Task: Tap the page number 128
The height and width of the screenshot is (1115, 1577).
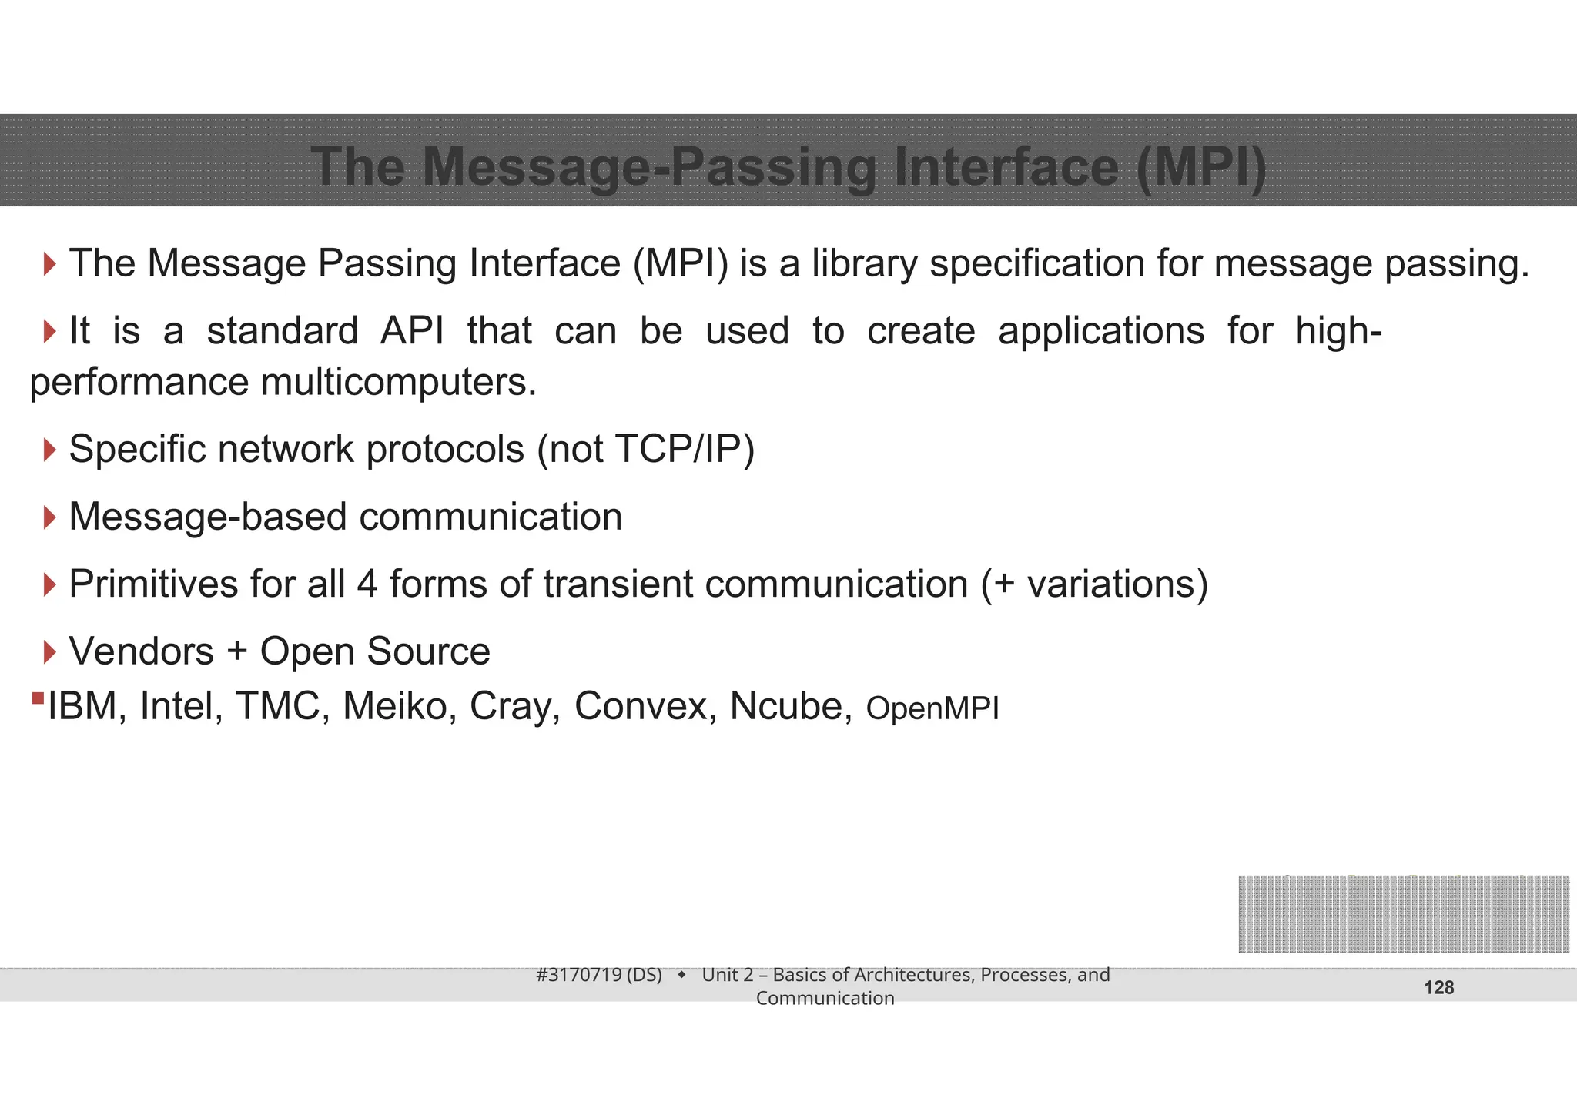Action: [1438, 988]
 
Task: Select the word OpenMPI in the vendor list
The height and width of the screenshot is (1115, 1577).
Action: [932, 708]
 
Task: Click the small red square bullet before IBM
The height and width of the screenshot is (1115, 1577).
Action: [38, 698]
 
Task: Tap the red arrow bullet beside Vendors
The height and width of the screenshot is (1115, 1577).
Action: [50, 652]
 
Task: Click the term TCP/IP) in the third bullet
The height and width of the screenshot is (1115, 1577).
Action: [685, 449]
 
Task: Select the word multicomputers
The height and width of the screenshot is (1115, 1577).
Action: [398, 382]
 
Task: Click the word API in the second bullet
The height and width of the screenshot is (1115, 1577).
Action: [412, 331]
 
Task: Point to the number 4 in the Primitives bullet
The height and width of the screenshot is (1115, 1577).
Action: [367, 584]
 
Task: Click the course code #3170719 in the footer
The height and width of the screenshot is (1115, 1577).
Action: [578, 975]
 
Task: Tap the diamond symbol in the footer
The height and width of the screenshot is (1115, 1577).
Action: [681, 975]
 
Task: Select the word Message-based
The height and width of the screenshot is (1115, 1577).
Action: [207, 517]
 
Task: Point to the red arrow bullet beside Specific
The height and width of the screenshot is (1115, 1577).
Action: [50, 450]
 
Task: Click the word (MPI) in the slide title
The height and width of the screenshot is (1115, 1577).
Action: [1201, 166]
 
